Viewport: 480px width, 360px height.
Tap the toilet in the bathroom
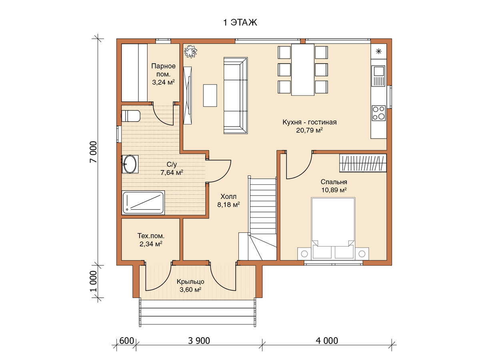point(130,116)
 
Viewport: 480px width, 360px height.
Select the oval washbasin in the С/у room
point(130,164)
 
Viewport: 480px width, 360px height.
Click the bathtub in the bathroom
point(143,202)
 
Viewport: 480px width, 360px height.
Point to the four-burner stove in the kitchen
point(378,113)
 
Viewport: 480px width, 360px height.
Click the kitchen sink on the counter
point(378,76)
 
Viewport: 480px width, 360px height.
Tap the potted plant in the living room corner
point(190,51)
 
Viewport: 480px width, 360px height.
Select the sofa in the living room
point(236,95)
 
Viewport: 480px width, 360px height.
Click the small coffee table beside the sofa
point(210,96)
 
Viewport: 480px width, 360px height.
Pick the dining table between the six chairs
point(303,70)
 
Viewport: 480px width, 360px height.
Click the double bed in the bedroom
point(333,229)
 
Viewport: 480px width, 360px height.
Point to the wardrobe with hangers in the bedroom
point(363,163)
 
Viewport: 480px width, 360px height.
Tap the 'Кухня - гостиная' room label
point(310,122)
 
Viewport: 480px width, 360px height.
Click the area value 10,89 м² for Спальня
point(334,190)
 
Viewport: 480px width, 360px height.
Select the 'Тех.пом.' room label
point(151,236)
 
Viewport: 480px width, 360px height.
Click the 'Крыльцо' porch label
point(190,282)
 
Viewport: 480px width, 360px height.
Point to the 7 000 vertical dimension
point(93,152)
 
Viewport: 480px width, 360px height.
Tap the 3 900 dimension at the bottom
point(199,341)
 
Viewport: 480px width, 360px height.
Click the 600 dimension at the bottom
point(127,341)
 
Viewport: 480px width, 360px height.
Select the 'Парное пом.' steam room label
point(163,70)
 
